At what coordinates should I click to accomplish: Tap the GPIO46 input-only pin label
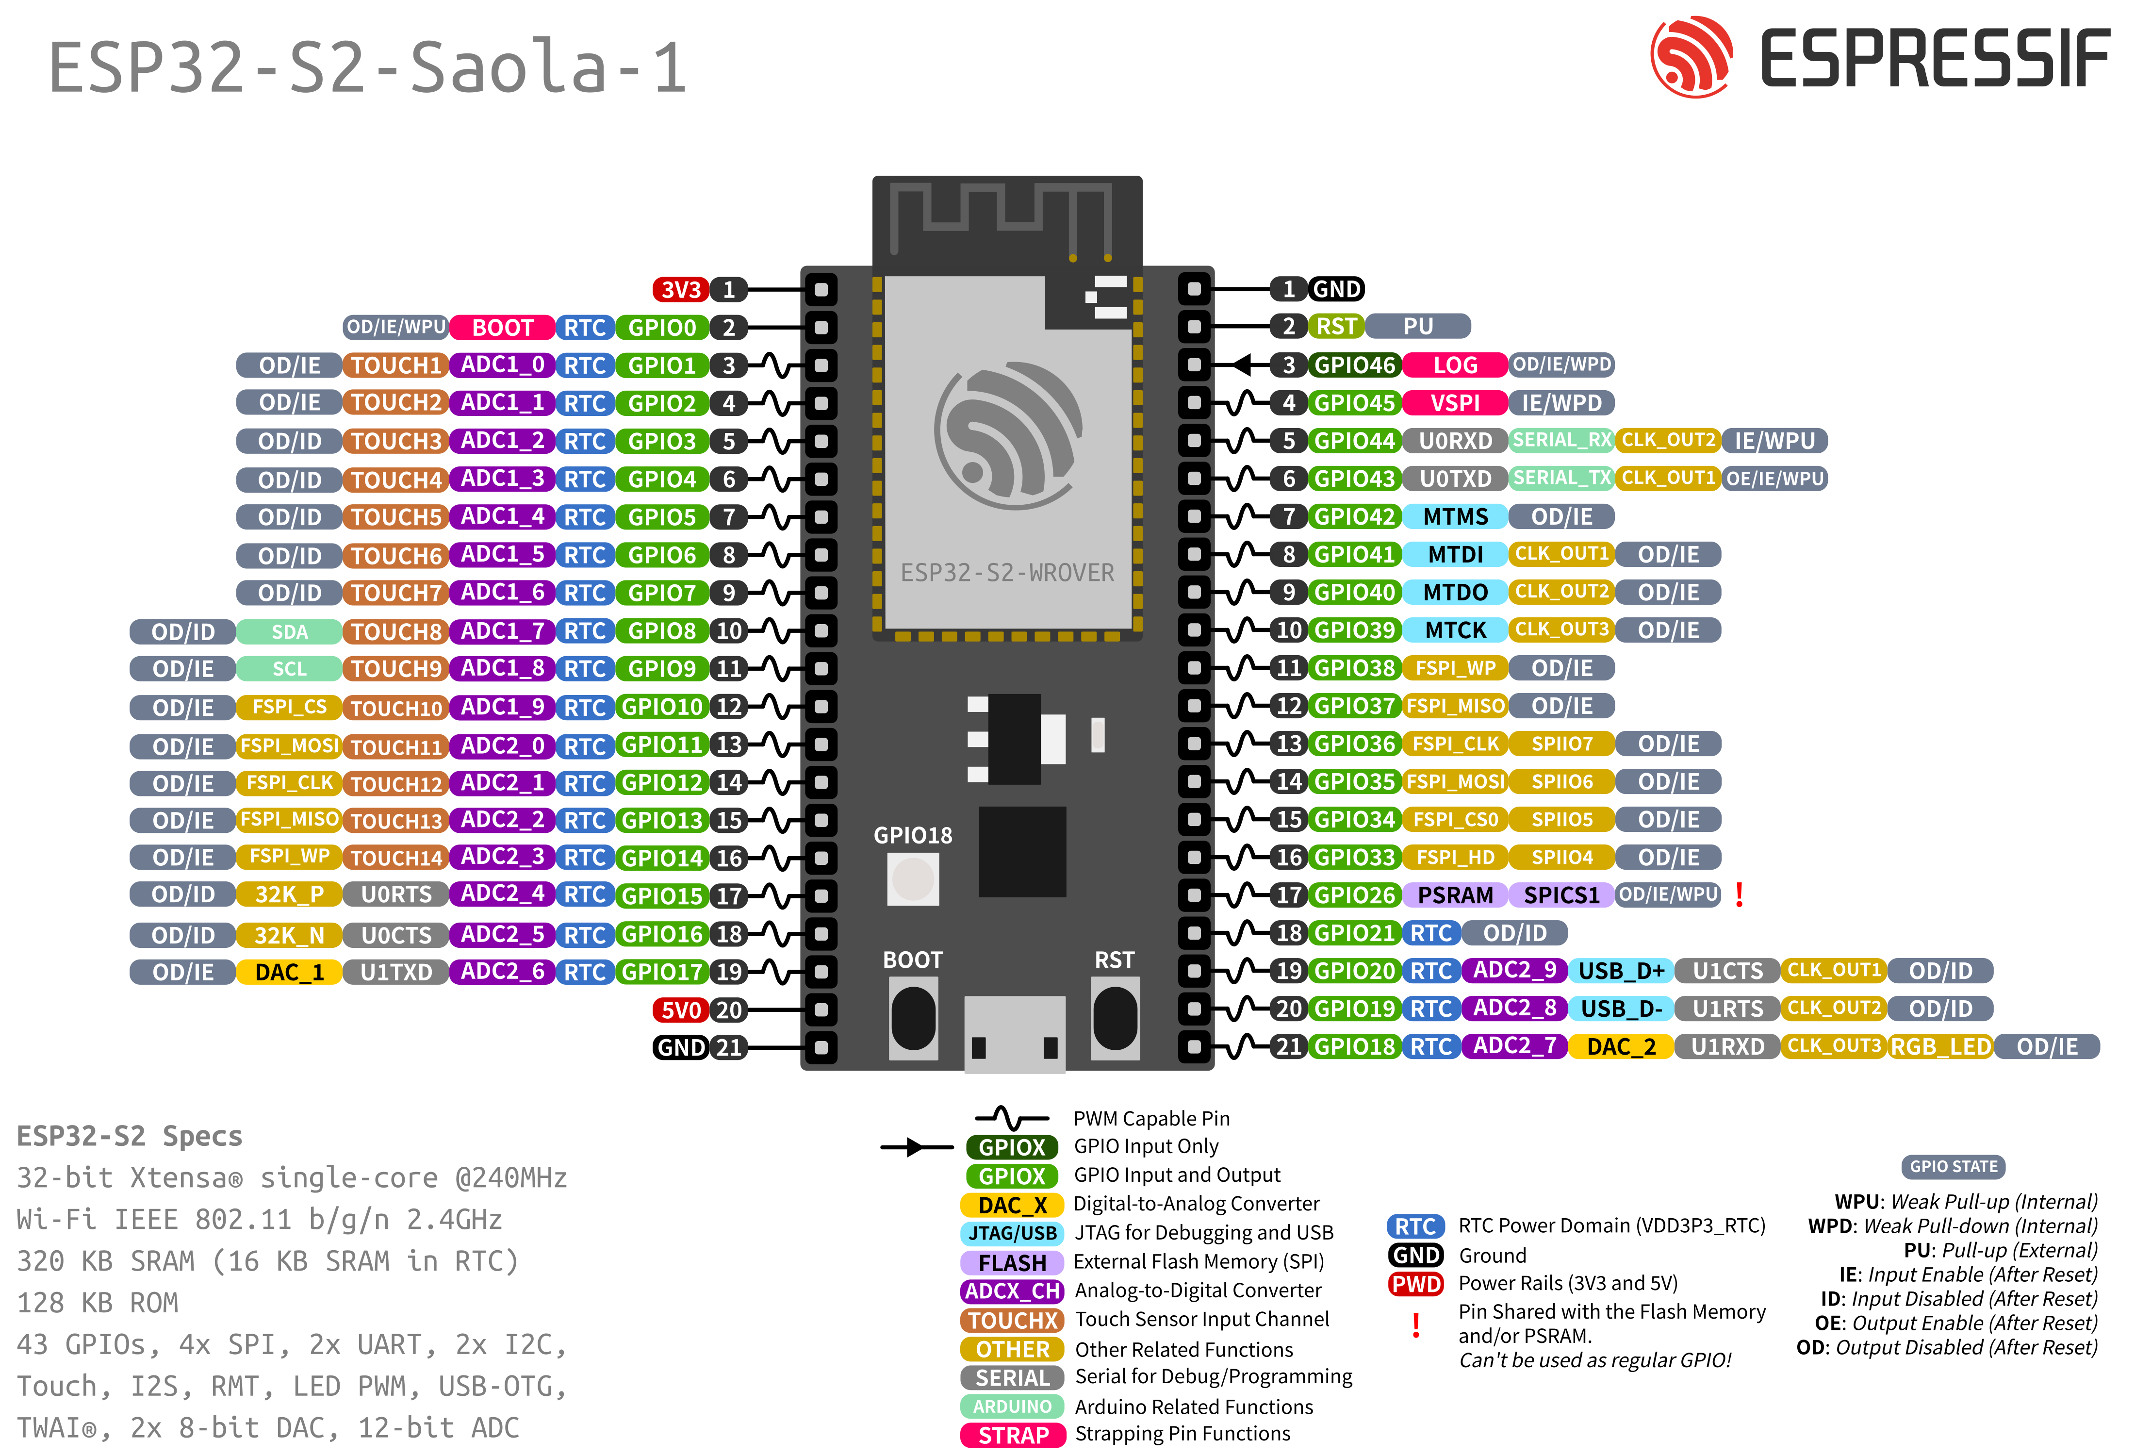(1354, 364)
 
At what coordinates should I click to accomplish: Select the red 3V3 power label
(681, 289)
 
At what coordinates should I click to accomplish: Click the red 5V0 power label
(681, 1009)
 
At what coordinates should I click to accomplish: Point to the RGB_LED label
(1940, 1046)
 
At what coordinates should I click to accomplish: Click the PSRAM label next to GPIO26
(1455, 895)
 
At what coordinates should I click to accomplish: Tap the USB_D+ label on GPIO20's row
(1622, 970)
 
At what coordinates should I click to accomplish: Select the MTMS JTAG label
(1455, 516)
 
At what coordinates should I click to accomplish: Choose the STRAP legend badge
(1012, 1435)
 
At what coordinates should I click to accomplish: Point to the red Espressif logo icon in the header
(1692, 57)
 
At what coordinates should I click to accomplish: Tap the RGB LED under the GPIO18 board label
(913, 879)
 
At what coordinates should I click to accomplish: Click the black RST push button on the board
(1115, 1018)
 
